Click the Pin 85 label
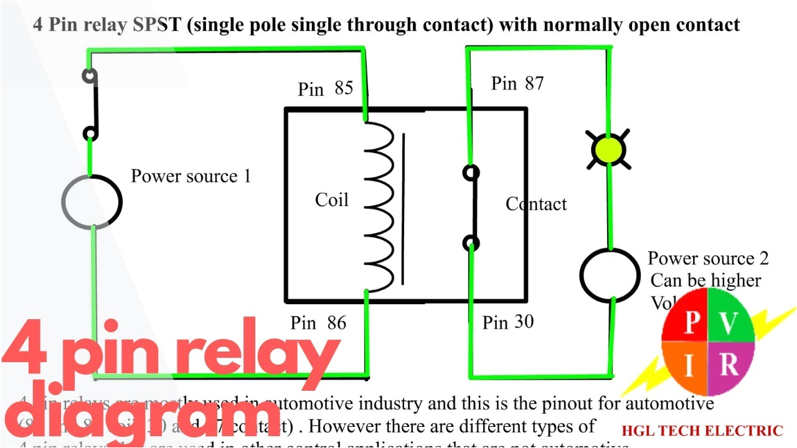(325, 88)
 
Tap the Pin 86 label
(318, 323)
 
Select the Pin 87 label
(517, 83)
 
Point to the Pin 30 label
(507, 322)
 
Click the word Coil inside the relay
(331, 200)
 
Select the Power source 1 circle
(92, 202)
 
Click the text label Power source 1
(191, 176)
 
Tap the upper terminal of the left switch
(90, 76)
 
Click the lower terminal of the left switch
(90, 133)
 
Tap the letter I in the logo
(689, 367)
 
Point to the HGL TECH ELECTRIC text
(702, 431)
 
